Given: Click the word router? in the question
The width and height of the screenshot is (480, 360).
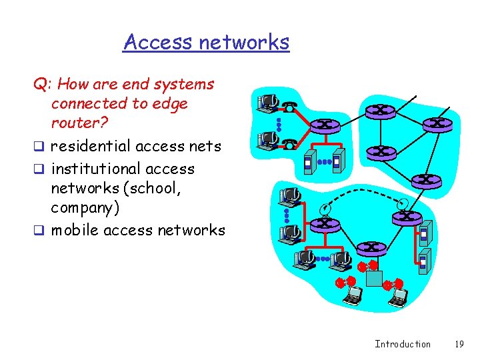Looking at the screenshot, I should click(x=79, y=124).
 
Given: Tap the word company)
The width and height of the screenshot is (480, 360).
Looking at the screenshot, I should click(x=85, y=208).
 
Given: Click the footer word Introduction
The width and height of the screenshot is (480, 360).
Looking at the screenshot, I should click(x=403, y=344).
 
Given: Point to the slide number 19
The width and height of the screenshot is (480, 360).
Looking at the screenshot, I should click(x=458, y=344).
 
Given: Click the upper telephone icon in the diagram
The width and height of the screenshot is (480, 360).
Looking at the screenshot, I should click(x=290, y=107).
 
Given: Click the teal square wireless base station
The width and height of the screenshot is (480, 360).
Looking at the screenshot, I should click(x=374, y=277).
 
